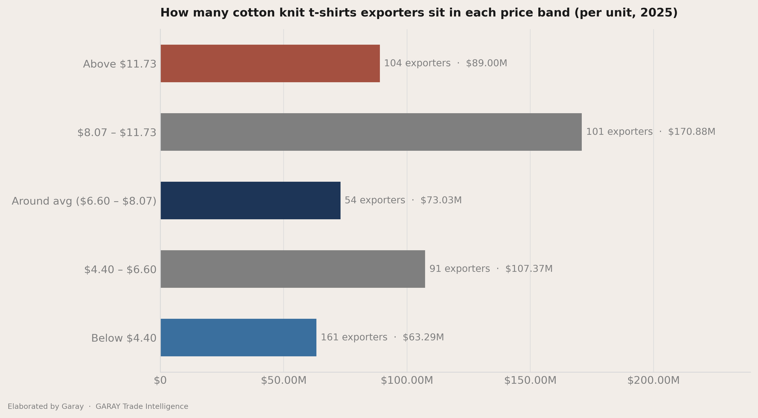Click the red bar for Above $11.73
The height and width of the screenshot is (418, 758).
pos(270,63)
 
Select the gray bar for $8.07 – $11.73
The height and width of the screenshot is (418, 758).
pos(371,132)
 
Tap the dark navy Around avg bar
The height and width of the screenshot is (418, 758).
pos(250,200)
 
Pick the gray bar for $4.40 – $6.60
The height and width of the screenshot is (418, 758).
pos(293,269)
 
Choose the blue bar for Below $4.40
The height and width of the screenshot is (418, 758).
pos(238,338)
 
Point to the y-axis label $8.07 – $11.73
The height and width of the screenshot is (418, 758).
pos(117,133)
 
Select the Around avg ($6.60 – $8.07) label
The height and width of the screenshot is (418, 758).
pos(84,201)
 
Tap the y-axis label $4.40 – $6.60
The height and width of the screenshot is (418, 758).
pos(120,270)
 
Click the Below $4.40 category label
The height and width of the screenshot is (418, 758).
pos(124,338)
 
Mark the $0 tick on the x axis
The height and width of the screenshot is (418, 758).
pos(160,381)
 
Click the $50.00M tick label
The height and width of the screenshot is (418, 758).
pos(284,381)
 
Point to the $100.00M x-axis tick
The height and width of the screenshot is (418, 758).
pos(407,381)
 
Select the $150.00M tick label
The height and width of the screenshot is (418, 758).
pos(530,381)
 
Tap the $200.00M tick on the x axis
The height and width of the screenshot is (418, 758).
pos(654,381)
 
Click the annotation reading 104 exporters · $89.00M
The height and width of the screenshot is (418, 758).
pos(445,63)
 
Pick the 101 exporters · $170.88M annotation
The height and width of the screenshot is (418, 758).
pos(651,132)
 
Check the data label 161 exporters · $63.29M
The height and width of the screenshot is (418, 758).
pos(382,337)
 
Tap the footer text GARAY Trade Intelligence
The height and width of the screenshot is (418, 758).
pos(142,407)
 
